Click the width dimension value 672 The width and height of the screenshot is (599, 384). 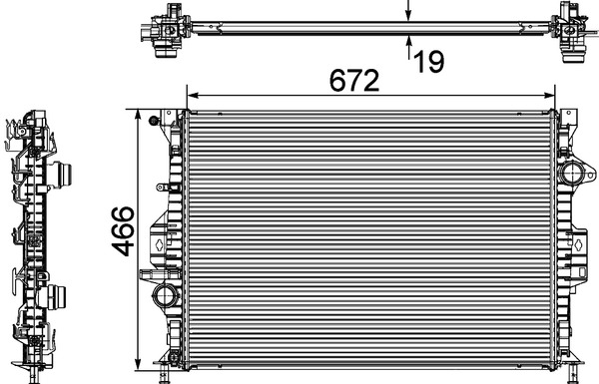click(x=354, y=81)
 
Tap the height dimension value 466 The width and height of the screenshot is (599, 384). click(x=123, y=231)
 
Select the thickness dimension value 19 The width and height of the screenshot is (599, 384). click(x=429, y=62)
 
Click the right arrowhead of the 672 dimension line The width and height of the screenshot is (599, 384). click(x=549, y=96)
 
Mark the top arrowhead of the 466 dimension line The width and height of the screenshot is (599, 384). click(x=139, y=116)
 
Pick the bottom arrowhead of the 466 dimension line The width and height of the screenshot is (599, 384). click(x=139, y=364)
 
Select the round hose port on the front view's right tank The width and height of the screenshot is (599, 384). click(x=572, y=174)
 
